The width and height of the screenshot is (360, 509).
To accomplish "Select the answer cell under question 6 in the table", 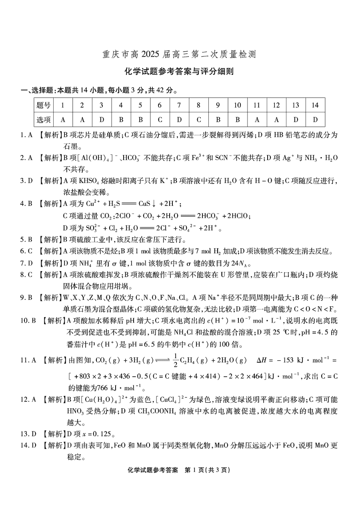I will [160, 119].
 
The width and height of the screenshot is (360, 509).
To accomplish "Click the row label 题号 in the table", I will [44, 105].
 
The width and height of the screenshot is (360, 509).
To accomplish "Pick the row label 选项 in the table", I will [44, 119].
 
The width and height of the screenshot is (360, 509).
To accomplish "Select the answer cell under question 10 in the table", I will [238, 119].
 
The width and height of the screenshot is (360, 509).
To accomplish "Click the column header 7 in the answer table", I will [179, 105].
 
